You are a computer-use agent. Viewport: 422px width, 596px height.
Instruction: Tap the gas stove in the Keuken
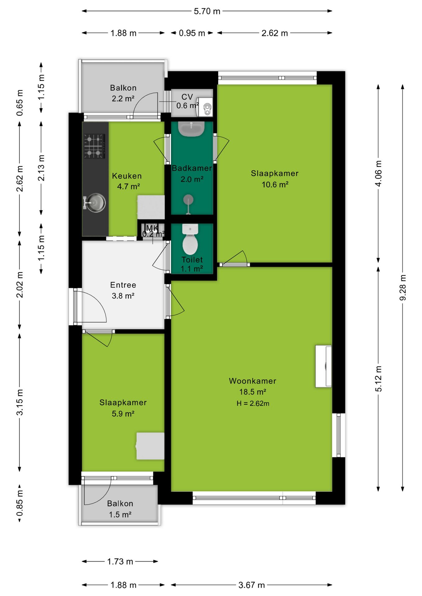pos(94,146)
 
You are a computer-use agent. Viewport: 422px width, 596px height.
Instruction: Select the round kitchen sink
pos(95,203)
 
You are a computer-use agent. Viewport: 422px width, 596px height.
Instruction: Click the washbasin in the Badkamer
pos(191,129)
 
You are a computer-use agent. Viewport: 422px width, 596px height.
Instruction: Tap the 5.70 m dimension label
pos(207,11)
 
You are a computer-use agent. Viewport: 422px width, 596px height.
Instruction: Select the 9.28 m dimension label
pos(403,287)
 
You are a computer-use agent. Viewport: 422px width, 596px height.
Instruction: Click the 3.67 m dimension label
pos(251,585)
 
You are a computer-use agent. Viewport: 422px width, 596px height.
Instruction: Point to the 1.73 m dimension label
pos(120,562)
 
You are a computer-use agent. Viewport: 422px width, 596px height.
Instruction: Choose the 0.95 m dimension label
pos(192,33)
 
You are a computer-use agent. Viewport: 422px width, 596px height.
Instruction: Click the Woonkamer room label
pos(252,381)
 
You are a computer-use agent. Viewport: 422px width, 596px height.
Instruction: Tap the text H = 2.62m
pos(253,403)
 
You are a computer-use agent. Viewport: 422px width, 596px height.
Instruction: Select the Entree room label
pos(123,285)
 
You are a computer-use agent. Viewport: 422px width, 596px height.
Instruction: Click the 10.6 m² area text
pos(275,184)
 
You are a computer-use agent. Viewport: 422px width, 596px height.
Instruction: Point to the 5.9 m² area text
pos(123,413)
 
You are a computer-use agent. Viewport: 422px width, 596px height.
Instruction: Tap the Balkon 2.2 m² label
pos(123,93)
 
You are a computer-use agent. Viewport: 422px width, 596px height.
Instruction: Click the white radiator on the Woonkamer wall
pos(323,366)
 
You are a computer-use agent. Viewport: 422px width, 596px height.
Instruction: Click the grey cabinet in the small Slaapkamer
pos(150,446)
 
